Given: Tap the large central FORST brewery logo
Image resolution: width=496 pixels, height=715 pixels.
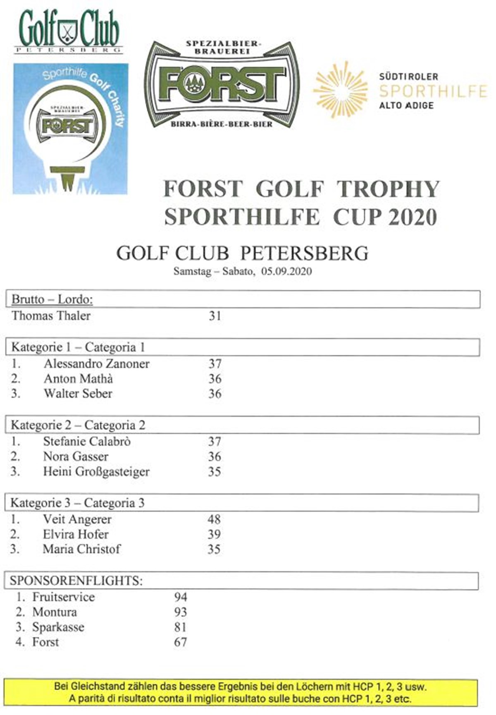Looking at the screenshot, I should (x=222, y=84).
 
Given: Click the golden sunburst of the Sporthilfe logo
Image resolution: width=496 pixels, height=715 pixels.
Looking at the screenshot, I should (x=340, y=89).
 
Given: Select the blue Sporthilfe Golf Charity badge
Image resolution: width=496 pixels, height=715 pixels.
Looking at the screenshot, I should (x=70, y=129).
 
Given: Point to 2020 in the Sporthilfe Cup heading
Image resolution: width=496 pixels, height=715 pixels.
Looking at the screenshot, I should (x=412, y=218).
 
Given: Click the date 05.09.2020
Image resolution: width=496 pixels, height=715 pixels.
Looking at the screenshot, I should (x=286, y=272).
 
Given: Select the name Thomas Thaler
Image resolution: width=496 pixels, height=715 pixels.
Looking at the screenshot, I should (x=51, y=316).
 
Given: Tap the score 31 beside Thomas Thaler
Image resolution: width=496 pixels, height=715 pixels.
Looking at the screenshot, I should (x=215, y=316).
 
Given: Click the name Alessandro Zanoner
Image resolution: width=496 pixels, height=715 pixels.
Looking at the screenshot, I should (x=96, y=364).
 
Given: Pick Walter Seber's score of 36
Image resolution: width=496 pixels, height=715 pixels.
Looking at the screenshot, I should (x=215, y=394).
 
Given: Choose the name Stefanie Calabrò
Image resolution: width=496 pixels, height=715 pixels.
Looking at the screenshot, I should (x=87, y=442).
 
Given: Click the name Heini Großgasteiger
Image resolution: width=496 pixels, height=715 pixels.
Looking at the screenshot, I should (x=96, y=471).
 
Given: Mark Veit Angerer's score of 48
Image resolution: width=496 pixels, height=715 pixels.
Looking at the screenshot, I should (x=214, y=519).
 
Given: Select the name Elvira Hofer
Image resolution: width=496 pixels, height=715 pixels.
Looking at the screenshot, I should (x=76, y=534).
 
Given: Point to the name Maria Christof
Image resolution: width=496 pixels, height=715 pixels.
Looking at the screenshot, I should (x=81, y=549).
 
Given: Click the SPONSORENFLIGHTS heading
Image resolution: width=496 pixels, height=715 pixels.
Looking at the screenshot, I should (x=76, y=581).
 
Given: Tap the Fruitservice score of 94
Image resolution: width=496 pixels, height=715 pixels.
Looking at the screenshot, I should (x=181, y=597).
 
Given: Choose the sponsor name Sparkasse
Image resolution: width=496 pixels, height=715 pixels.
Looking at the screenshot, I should (x=58, y=627).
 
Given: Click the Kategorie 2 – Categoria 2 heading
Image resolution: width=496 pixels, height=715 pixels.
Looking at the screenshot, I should (x=78, y=425).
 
